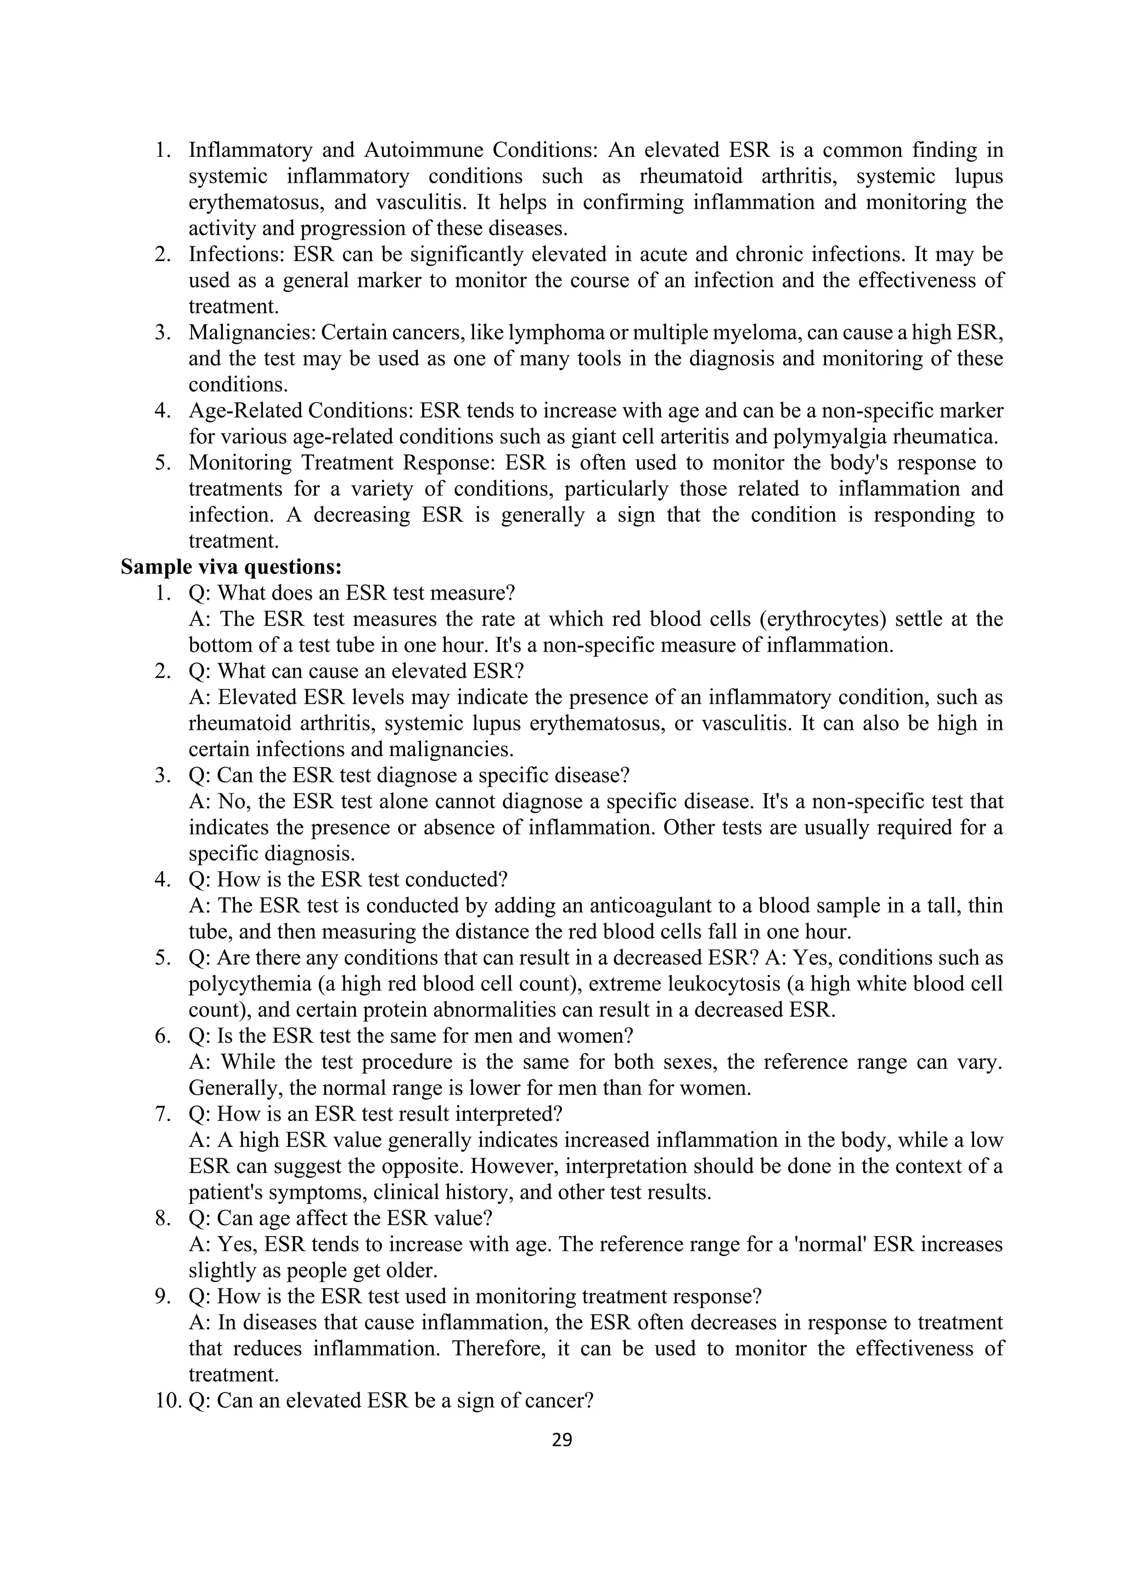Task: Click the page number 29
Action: [x=562, y=1440]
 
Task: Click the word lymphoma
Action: [x=554, y=333]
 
